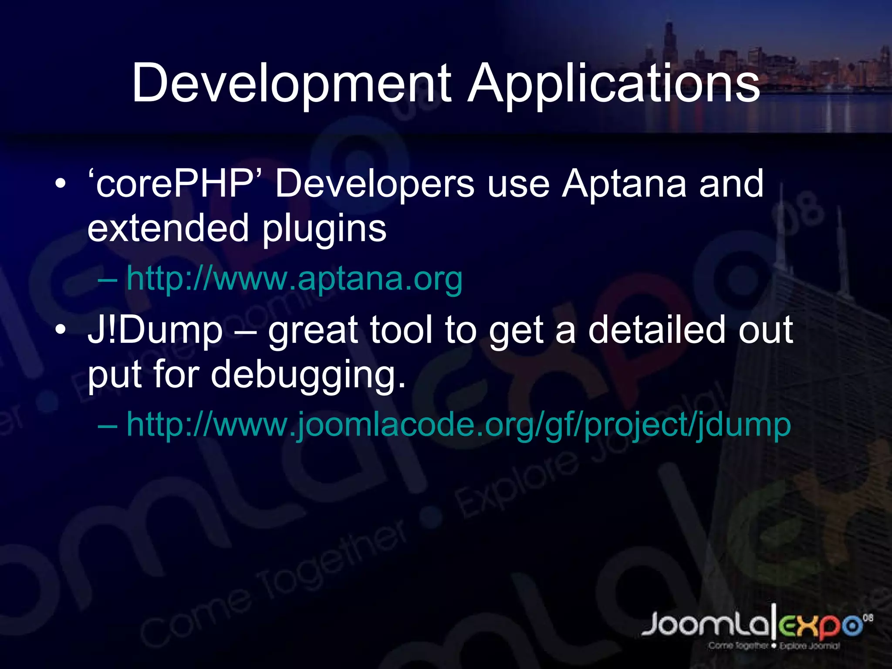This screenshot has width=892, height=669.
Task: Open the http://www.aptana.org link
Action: (x=294, y=279)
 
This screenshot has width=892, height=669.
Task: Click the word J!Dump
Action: (x=155, y=331)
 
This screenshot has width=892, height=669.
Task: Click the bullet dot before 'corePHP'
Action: (x=61, y=184)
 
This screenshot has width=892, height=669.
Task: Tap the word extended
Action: (x=168, y=228)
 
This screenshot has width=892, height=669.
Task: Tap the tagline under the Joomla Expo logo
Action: (x=774, y=646)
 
